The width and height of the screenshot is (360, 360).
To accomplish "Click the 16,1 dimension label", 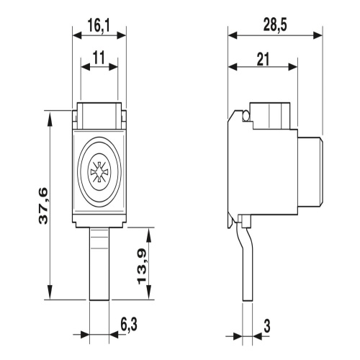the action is (99, 26).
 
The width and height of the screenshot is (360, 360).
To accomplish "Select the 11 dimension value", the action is (99, 58).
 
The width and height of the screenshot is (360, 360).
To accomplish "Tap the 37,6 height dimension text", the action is (43, 207).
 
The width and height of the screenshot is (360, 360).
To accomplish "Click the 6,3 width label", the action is (129, 325).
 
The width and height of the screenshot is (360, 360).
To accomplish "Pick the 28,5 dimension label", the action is (275, 25).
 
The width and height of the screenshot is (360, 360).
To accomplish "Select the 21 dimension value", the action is (263, 59).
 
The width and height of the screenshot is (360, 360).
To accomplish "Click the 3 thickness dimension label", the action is (266, 325).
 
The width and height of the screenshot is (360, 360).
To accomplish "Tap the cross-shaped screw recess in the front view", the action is (99, 172).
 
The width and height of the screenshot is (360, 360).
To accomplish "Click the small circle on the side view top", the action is (246, 116).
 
